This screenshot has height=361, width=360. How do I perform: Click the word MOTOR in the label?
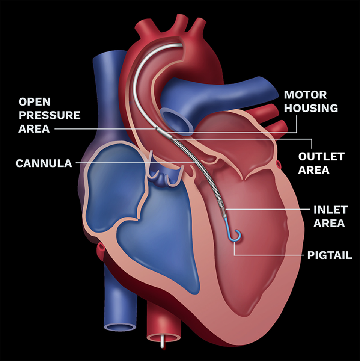click(x=305, y=95)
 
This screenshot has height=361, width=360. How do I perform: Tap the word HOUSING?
click(x=311, y=108)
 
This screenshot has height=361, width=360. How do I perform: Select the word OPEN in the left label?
click(x=35, y=102)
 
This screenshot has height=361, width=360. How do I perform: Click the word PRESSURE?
click(x=50, y=115)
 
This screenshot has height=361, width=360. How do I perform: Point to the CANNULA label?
click(x=44, y=163)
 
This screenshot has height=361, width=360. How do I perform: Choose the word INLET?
click(x=331, y=210)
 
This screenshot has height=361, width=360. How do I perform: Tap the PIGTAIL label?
click(x=330, y=256)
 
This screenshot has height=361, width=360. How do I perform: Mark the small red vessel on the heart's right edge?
click(x=278, y=164)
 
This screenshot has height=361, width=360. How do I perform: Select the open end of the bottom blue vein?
click(x=120, y=326)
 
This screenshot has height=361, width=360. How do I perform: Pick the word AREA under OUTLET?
click(x=314, y=170)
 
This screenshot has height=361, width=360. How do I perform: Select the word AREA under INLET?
click(x=329, y=223)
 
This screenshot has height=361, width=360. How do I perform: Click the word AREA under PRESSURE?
click(x=34, y=129)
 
